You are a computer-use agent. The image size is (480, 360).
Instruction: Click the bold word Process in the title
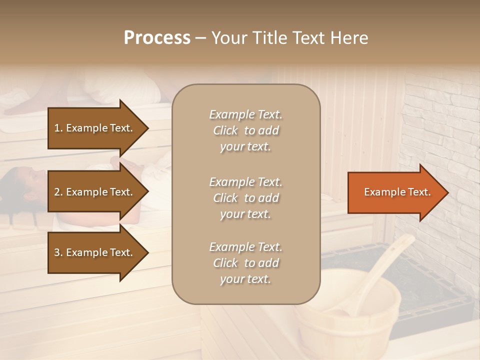click(x=157, y=38)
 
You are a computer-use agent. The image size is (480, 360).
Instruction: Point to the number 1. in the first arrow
click(x=58, y=128)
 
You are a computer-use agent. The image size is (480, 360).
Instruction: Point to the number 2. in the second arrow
click(x=58, y=192)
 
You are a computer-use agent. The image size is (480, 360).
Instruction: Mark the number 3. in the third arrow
click(x=58, y=252)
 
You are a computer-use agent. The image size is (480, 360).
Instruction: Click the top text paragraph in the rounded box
click(x=245, y=130)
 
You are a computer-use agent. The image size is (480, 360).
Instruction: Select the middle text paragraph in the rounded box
click(x=245, y=198)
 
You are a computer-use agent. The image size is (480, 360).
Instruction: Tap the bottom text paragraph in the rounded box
click(x=245, y=263)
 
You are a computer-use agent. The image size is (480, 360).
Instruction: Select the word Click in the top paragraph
click(x=225, y=130)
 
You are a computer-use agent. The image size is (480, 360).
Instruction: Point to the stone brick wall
click(x=440, y=125)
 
